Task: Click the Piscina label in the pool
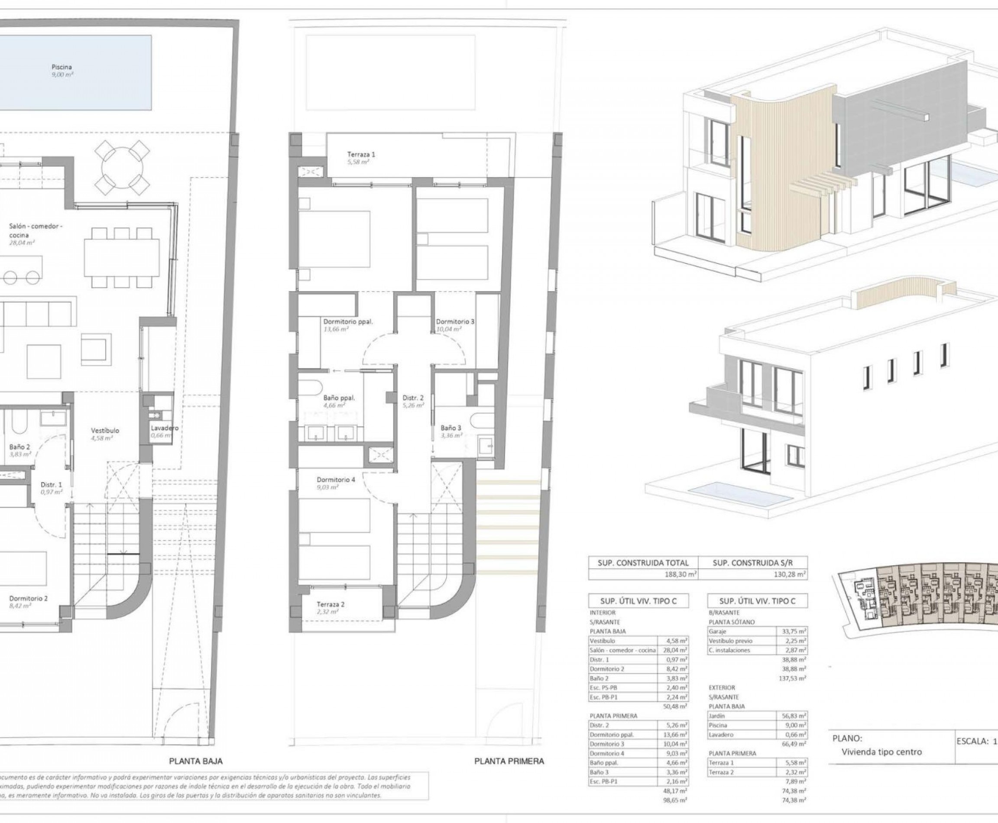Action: (x=62, y=67)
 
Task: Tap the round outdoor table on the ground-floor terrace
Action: (x=122, y=164)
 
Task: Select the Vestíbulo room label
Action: (x=105, y=431)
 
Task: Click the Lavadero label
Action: (x=164, y=428)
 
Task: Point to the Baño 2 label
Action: (x=19, y=447)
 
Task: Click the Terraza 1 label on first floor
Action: (x=361, y=154)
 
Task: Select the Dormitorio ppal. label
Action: (x=348, y=321)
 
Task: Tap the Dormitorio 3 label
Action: (x=455, y=321)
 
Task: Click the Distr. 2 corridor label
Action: (x=413, y=398)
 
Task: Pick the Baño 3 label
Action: (x=450, y=428)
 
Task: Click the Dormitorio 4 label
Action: (x=336, y=480)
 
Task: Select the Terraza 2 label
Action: (x=331, y=604)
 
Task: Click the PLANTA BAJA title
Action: (x=196, y=761)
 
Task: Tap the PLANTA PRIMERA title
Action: (x=509, y=761)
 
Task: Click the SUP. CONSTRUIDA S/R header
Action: (x=752, y=563)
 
